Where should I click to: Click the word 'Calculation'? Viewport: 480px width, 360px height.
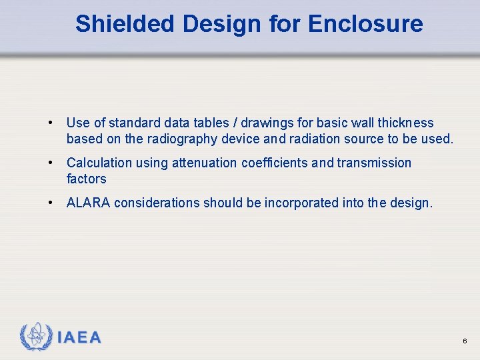(99, 163)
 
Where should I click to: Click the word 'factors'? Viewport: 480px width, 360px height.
(86, 179)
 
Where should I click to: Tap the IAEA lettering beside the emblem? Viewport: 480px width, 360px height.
(79, 337)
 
